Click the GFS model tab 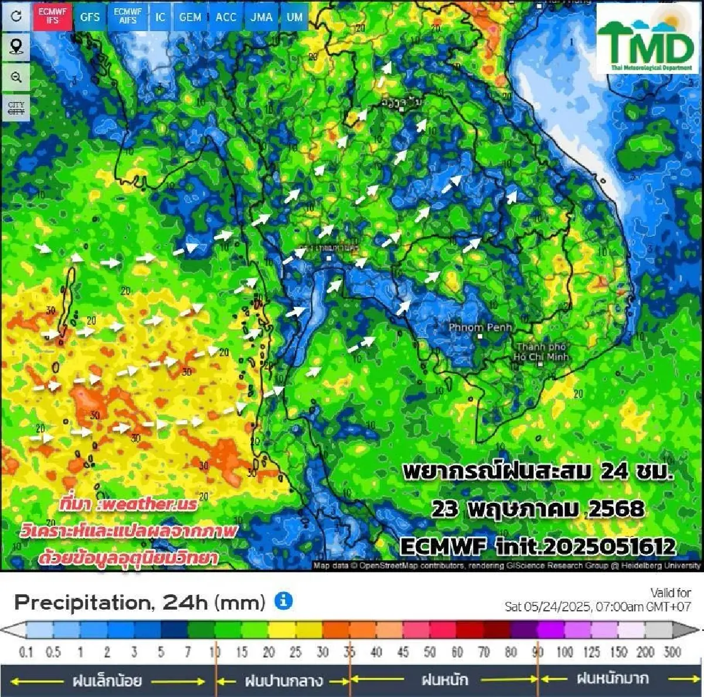(x=90, y=17)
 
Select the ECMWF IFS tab (x=52, y=16)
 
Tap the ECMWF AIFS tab (x=127, y=16)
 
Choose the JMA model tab (x=261, y=17)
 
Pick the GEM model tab (x=190, y=17)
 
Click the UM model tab (x=295, y=17)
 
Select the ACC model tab (x=226, y=17)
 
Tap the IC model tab (x=160, y=17)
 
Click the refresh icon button (x=16, y=16)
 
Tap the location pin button (x=16, y=46)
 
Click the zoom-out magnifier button (x=16, y=77)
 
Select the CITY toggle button (x=16, y=108)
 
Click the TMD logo (x=647, y=39)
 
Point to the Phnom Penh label (x=480, y=327)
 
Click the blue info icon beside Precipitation (x=283, y=601)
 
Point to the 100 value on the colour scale (x=564, y=652)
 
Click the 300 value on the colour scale (x=672, y=652)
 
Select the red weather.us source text (x=128, y=504)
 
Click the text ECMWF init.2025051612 (x=537, y=547)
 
